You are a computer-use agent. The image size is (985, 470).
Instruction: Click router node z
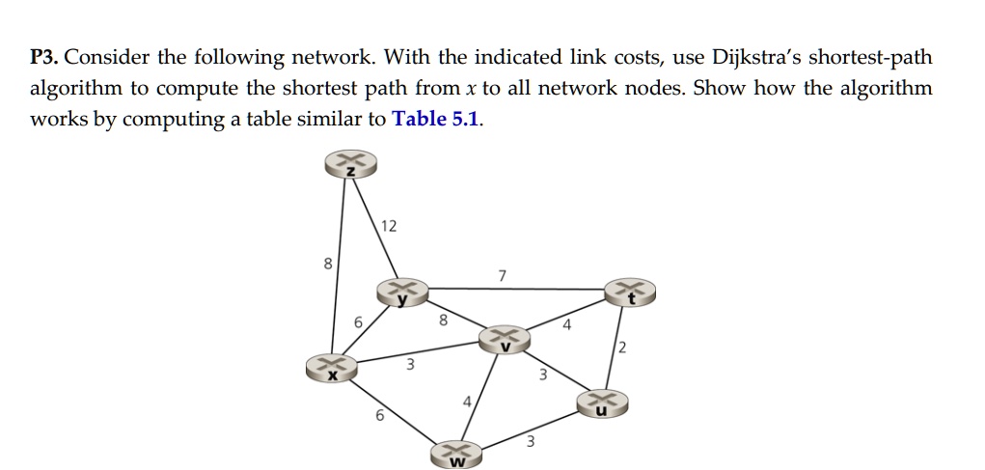click(351, 166)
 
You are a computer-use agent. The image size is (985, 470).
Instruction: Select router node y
click(402, 292)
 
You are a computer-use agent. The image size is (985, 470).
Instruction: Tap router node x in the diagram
click(331, 368)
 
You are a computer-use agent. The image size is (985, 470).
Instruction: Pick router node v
click(505, 339)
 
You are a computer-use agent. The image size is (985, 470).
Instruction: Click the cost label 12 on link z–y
click(388, 226)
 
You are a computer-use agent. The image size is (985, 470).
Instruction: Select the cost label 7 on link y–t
click(502, 276)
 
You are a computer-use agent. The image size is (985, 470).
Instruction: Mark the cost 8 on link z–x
click(328, 263)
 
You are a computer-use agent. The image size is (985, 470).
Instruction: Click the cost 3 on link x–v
click(410, 365)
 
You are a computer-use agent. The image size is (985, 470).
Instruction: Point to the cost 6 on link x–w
click(379, 416)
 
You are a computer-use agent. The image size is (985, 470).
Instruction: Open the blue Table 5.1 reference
click(435, 120)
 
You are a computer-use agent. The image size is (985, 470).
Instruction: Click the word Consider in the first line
click(103, 58)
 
